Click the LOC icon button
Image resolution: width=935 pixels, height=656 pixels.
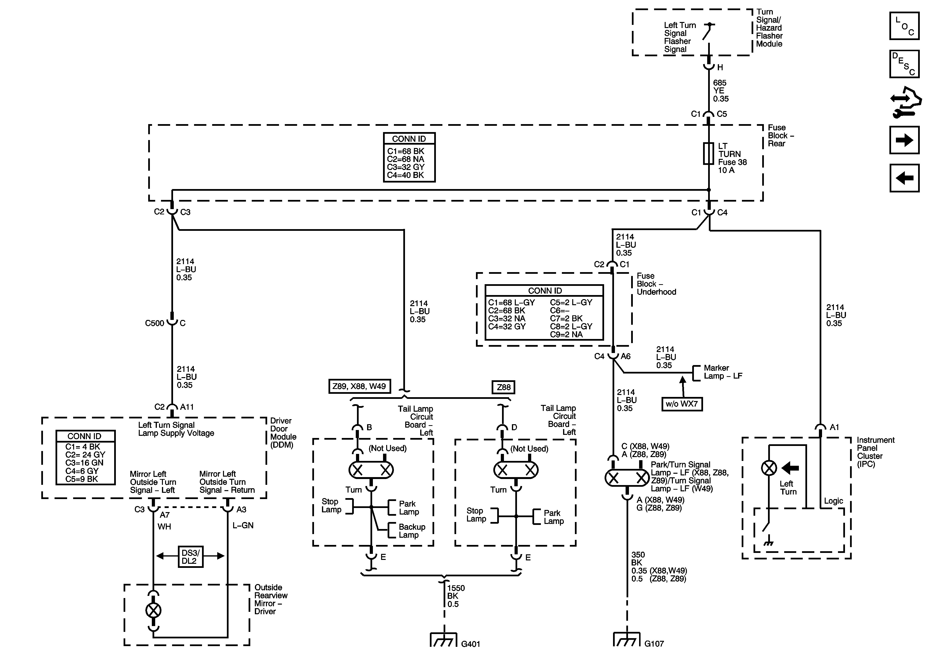click(904, 26)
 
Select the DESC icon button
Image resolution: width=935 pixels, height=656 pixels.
click(904, 64)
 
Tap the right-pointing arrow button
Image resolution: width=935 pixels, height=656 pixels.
click(904, 140)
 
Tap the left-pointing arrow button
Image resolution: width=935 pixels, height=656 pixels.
click(904, 178)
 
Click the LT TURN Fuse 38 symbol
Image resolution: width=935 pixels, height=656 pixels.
click(709, 154)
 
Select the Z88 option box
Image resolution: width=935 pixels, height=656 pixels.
click(503, 387)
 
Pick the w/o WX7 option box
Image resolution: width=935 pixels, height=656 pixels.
click(682, 404)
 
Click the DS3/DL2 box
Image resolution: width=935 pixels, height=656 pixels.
click(190, 557)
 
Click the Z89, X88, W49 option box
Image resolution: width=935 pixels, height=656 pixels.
click(359, 386)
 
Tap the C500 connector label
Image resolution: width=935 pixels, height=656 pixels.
click(155, 323)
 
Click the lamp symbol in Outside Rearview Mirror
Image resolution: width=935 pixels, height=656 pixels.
click(154, 610)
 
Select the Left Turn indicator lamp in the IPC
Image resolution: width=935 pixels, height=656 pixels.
click(769, 468)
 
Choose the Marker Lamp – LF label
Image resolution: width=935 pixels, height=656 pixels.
click(723, 372)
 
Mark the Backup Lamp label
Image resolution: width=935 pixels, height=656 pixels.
click(412, 531)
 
